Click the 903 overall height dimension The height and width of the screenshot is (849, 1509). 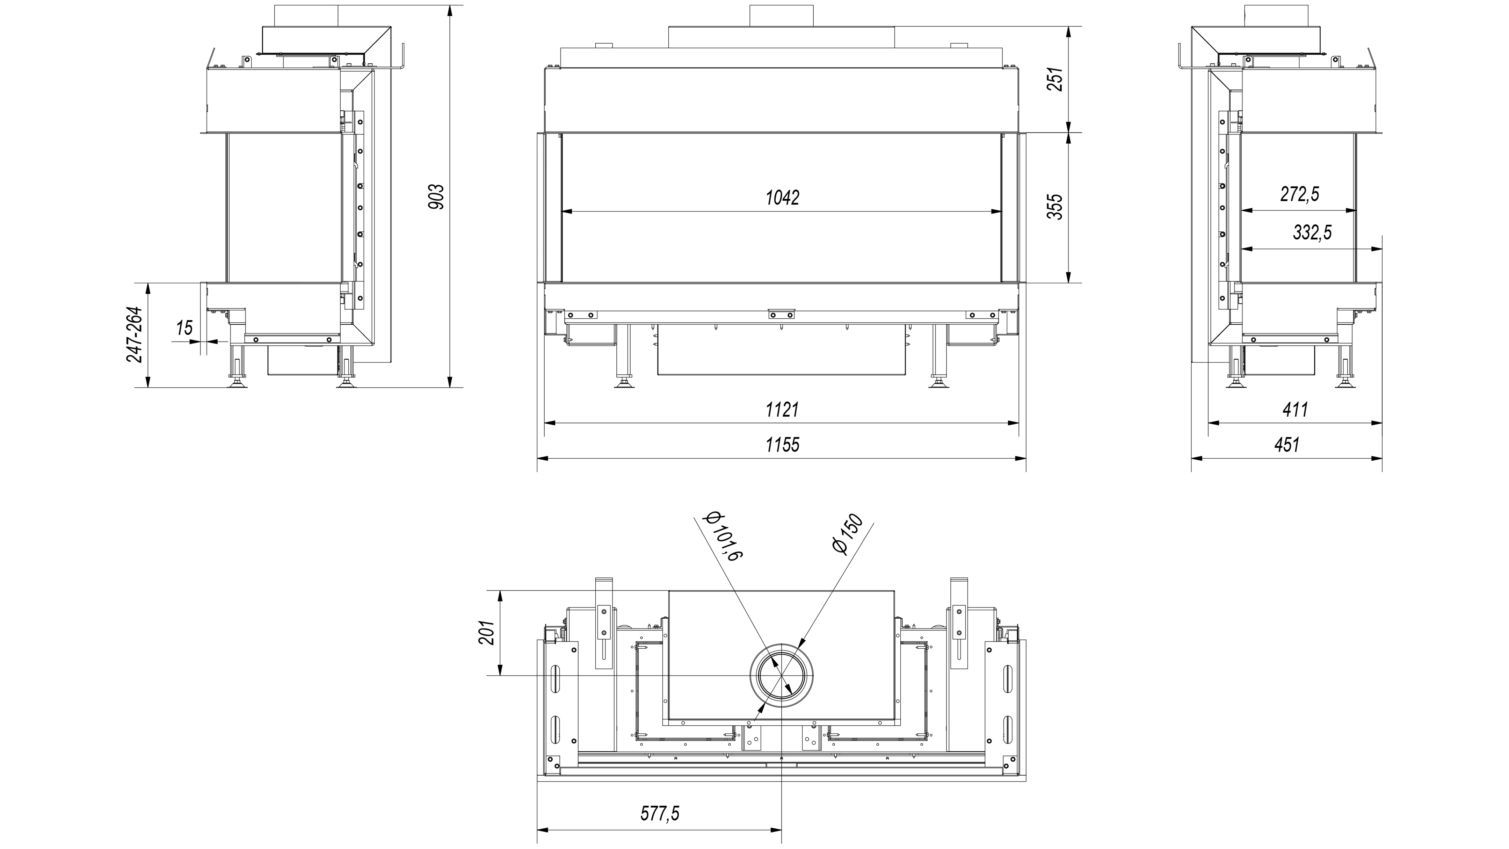click(436, 197)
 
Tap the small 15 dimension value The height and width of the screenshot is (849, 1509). click(184, 328)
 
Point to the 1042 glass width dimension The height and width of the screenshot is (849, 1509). click(782, 198)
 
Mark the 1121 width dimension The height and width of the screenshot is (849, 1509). click(782, 410)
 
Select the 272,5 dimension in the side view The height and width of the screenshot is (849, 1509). click(1299, 194)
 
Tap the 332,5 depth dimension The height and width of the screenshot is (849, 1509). click(1312, 233)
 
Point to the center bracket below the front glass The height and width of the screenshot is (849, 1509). click(782, 315)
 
